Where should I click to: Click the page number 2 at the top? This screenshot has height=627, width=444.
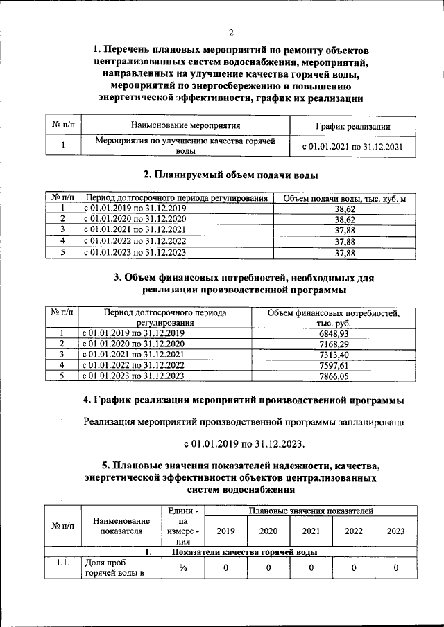pos(230,32)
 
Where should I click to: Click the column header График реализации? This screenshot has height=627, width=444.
pos(352,126)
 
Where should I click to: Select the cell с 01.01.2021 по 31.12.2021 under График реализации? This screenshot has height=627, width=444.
pos(352,146)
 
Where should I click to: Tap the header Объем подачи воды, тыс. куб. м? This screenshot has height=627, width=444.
pos(345,199)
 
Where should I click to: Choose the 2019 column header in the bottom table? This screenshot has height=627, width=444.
pos(226,531)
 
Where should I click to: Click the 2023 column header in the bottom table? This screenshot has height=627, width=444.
pos(395,531)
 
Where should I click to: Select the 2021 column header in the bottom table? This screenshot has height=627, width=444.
pos(311,531)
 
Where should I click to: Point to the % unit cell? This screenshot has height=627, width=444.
pos(183,568)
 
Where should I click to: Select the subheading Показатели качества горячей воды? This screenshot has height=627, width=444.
pos(244,552)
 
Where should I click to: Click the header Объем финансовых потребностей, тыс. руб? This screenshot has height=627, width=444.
pos(334,318)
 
